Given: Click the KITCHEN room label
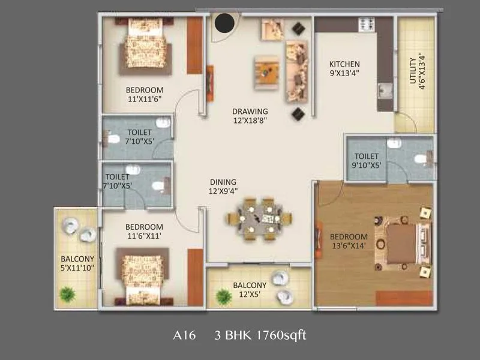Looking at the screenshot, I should click(344, 64).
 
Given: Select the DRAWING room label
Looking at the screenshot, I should click(250, 111).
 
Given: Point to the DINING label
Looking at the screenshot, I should click(223, 182).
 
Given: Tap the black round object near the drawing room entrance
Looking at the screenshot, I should click(225, 24).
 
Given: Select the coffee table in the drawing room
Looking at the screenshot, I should click(267, 72).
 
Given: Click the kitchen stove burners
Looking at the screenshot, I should click(367, 25).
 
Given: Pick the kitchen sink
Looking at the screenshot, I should click(385, 92).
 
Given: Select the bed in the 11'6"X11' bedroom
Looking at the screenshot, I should click(142, 280).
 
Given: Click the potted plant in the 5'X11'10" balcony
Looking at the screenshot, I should click(68, 295).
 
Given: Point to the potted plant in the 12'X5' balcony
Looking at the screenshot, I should click(224, 297).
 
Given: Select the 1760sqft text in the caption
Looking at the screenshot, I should click(280, 335).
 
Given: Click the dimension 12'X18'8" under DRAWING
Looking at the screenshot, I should click(250, 121).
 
